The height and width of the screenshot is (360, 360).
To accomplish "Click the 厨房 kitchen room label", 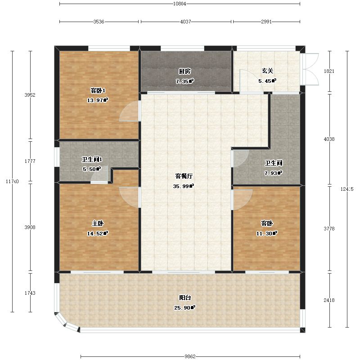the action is [184, 72].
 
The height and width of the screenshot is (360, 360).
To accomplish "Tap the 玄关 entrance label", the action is [267, 71].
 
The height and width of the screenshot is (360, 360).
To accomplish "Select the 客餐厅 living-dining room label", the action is [184, 176].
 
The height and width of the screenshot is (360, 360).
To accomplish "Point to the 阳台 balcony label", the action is [185, 298].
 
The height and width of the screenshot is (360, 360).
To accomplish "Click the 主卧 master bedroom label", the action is [98, 223].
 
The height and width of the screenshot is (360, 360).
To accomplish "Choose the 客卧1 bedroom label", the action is [98, 91].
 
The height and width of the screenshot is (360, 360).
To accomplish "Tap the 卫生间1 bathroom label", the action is [92, 159].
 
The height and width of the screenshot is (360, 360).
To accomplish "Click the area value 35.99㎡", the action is [184, 186].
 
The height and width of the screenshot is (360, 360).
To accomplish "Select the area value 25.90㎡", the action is [184, 308].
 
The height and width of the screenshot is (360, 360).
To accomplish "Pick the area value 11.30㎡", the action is [267, 234].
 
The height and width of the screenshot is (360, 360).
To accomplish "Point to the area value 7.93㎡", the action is [273, 173].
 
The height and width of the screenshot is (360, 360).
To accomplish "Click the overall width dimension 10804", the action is [180, 4].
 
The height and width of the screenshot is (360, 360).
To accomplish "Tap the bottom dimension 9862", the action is [190, 356].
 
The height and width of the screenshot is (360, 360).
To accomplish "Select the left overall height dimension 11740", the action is [12, 181].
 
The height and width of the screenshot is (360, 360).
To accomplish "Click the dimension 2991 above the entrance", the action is [266, 22].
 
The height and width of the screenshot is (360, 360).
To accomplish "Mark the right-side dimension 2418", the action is [329, 300].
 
